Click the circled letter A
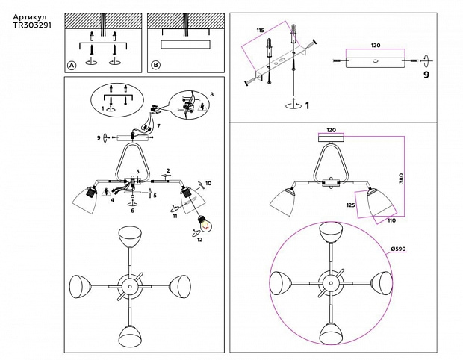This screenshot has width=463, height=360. point(72,66)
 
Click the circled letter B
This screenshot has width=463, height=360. point(155,66)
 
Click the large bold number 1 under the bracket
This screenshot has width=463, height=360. point(306,106)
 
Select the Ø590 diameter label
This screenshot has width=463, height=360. point(397,249)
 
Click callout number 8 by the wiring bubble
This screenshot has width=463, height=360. point(211,95)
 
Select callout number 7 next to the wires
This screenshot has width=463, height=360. point(158,127)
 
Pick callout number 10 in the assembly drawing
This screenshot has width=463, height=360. point(208,183)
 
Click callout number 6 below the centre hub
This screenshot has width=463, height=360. point(132,211)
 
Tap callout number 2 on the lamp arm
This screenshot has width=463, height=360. point(169,171)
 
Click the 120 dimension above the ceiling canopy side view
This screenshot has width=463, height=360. point(331,128)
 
